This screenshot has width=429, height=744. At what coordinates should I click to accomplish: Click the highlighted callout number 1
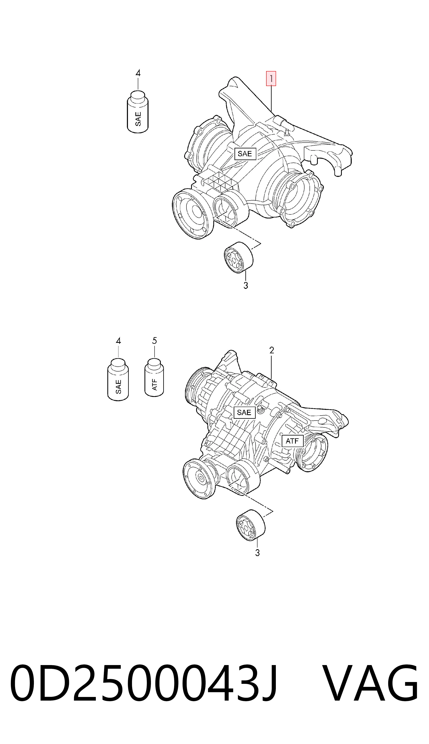[x=271, y=79]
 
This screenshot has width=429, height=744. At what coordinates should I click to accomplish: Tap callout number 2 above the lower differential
[x=272, y=350]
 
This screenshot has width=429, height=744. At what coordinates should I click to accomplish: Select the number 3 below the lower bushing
[x=257, y=553]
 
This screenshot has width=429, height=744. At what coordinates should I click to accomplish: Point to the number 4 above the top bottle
[x=138, y=73]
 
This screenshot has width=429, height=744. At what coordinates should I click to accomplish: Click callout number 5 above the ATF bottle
[x=154, y=341]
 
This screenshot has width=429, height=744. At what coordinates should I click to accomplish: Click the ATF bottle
[x=154, y=377]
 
